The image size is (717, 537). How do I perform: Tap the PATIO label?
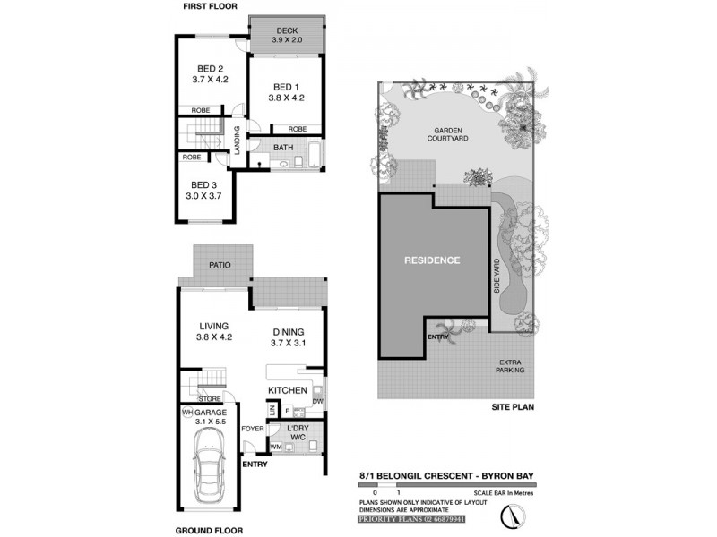[x=220, y=266]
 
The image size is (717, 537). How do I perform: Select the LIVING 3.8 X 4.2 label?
[x=213, y=331]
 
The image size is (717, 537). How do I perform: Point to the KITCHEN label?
[x=288, y=391]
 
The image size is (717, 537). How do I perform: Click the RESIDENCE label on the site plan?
[x=431, y=260]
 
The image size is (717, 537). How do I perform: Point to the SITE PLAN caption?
[x=512, y=405]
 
